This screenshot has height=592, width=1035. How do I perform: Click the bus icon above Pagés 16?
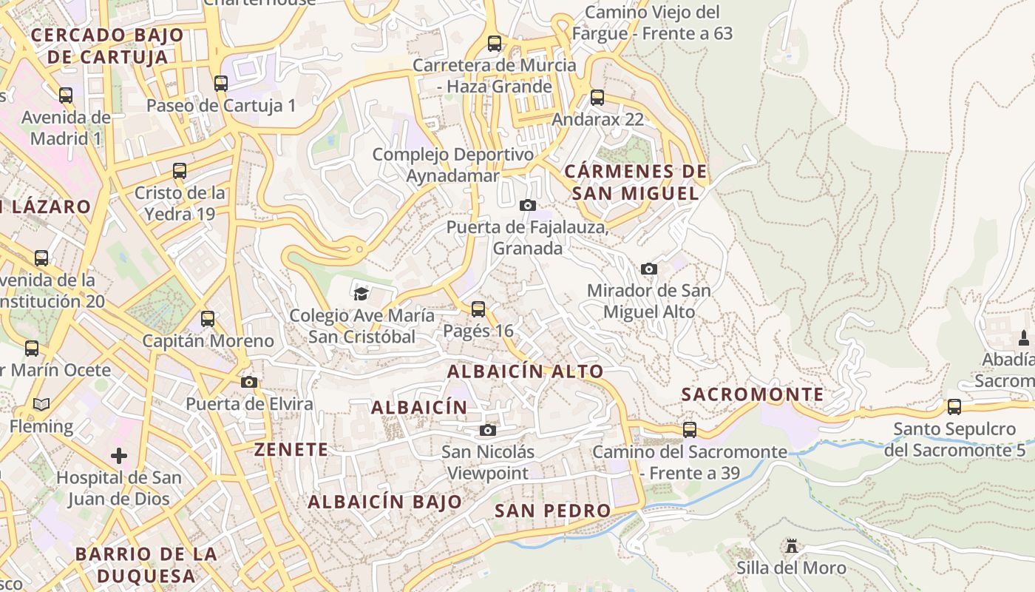[478, 309]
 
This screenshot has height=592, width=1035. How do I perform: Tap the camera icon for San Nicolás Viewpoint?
[487, 430]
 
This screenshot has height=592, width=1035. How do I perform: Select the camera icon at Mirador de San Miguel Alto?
[648, 269]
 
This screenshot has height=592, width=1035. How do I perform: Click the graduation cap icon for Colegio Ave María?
[361, 294]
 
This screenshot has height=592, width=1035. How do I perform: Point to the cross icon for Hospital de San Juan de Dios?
[118, 455]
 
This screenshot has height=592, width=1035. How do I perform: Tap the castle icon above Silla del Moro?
[792, 546]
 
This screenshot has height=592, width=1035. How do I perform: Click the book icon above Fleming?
[41, 405]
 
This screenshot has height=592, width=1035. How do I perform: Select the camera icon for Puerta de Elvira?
[249, 382]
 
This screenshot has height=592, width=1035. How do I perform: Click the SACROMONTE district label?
[753, 394]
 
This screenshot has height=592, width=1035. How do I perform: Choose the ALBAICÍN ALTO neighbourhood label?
[526, 371]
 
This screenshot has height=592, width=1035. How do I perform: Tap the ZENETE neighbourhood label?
[291, 449]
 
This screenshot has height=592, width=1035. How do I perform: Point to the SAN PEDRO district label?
[553, 510]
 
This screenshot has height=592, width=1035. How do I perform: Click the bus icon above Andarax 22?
[597, 98]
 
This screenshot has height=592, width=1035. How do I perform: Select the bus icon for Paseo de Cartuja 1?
[221, 83]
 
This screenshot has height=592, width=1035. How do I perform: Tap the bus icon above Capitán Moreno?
[208, 319]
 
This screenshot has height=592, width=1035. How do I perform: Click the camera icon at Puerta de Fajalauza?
[527, 205]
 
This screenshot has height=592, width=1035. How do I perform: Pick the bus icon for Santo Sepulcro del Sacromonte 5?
[954, 406]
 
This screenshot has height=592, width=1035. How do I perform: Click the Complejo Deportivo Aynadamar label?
[452, 165]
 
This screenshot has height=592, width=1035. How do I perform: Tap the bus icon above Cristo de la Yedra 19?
[180, 171]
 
